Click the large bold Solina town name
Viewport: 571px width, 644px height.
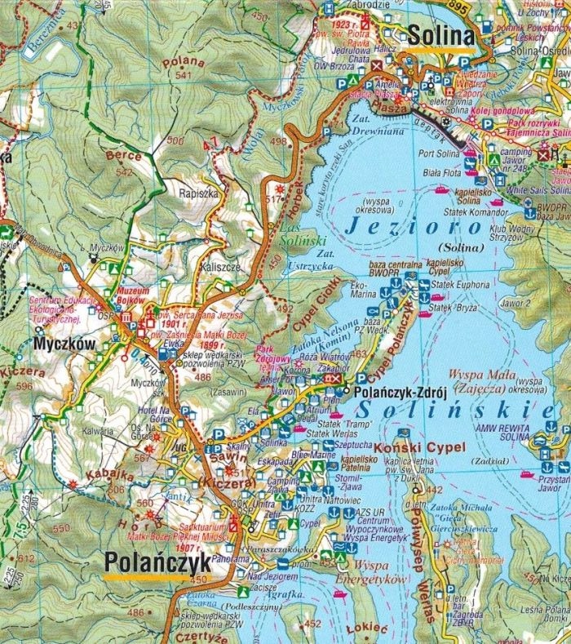click(x=440, y=36)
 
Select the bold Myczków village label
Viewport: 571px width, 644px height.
click(x=65, y=345)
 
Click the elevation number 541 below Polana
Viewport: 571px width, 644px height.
click(x=182, y=77)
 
